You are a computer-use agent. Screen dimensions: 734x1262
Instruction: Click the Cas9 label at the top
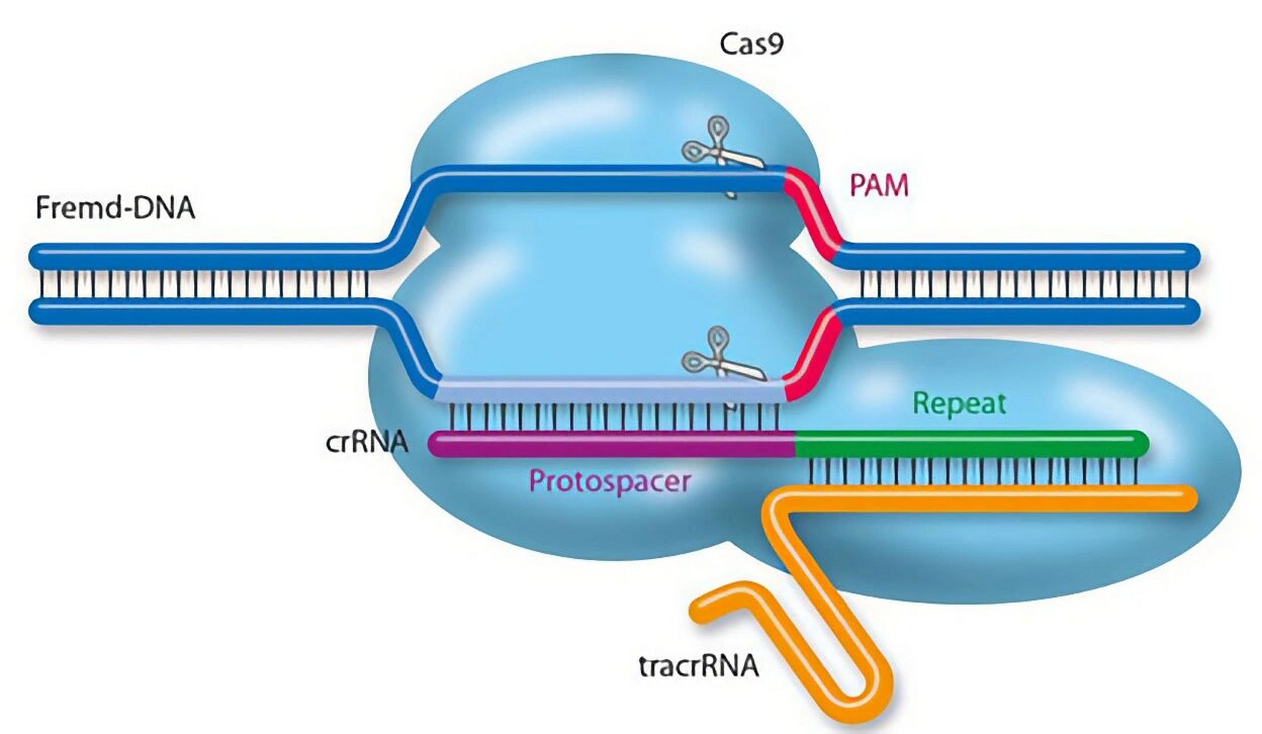click(751, 44)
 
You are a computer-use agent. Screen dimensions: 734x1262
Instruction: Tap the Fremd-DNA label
click(115, 208)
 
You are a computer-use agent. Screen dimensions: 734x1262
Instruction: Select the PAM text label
click(879, 186)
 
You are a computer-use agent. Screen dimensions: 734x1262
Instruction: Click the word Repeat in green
click(959, 404)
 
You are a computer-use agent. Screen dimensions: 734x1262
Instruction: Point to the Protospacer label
click(609, 481)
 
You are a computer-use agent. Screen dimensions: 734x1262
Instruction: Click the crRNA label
click(367, 443)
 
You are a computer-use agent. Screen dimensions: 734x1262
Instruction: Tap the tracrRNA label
click(698, 667)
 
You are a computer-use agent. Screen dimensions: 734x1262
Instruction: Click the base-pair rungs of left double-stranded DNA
click(201, 284)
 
